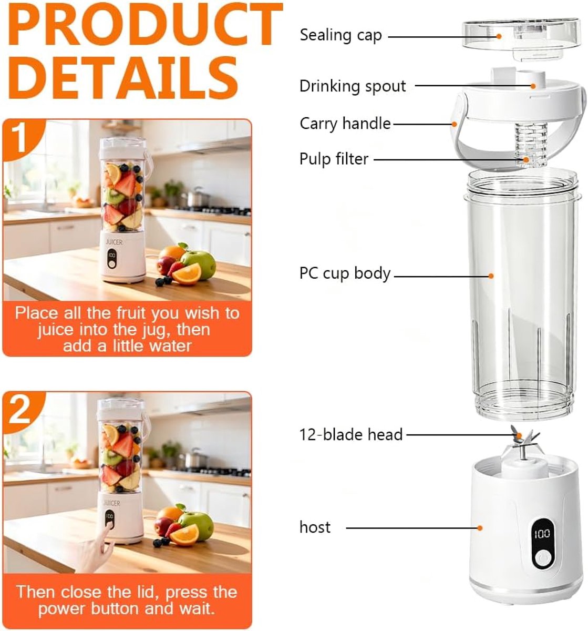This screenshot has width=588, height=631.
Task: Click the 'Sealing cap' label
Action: click(341, 35)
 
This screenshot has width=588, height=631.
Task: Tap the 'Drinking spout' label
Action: click(353, 86)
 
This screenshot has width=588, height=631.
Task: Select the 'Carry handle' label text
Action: click(345, 124)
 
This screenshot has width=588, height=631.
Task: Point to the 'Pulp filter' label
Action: click(334, 159)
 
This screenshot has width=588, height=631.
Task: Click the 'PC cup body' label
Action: click(345, 273)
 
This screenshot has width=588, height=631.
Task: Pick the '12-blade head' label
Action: click(351, 434)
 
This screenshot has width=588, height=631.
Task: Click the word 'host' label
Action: click(315, 527)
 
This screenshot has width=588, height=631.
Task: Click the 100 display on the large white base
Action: click(542, 533)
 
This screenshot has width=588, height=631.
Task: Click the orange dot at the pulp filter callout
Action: click(527, 159)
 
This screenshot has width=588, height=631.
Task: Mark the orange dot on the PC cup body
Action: click(491, 276)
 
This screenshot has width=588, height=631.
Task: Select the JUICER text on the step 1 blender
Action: click(114, 242)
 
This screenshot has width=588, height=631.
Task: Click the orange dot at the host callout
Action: click(480, 528)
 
